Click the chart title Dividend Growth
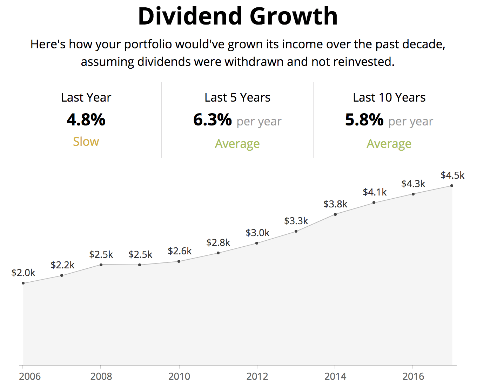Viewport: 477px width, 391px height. (238, 16)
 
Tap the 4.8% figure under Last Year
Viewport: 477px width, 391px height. (86, 120)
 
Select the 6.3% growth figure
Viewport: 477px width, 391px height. (213, 120)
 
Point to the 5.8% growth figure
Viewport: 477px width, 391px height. (364, 120)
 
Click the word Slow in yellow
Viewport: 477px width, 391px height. (86, 142)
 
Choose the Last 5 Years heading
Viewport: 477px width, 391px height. (237, 97)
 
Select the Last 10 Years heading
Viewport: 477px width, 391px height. (389, 97)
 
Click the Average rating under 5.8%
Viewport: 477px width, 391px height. (389, 144)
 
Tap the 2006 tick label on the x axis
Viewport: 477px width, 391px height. (30, 377)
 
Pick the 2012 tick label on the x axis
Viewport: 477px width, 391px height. (257, 377)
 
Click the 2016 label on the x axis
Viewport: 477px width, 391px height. (413, 377)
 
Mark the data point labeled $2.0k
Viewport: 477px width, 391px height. (23, 283)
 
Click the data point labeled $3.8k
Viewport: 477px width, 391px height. (335, 214)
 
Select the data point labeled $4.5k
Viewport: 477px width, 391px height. (452, 186)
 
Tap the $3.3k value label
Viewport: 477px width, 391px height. (296, 221)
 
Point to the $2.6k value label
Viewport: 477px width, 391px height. (180, 251)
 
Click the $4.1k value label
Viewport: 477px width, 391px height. (375, 192)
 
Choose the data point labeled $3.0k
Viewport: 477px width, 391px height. (257, 243)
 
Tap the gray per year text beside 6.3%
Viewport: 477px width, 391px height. (259, 122)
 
